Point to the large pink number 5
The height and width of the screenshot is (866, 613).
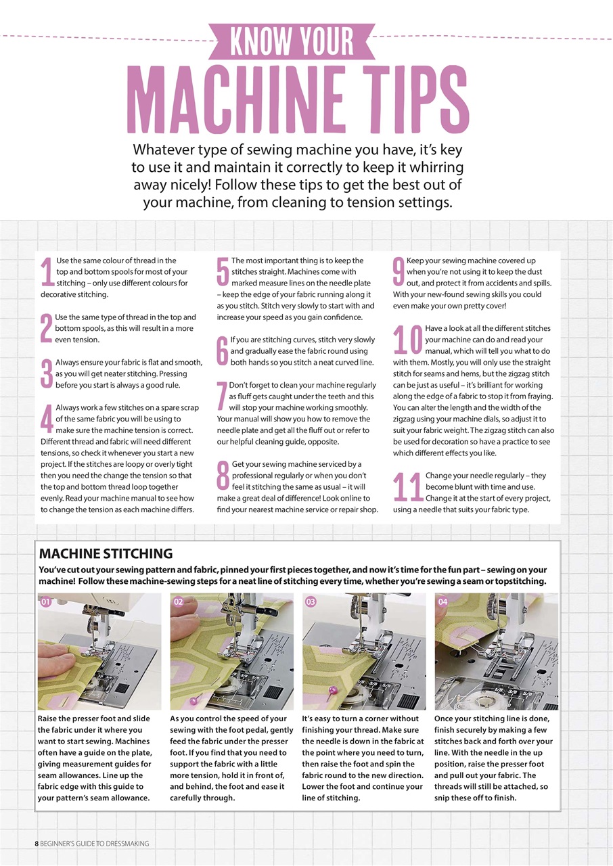tap(223, 272)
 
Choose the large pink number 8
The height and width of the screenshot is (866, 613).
tap(223, 476)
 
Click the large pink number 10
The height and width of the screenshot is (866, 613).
tap(408, 340)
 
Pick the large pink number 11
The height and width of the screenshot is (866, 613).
tap(408, 487)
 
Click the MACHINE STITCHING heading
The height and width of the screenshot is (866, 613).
tap(106, 553)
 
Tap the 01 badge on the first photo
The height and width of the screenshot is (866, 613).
tap(46, 601)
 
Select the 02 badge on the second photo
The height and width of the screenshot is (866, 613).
tap(179, 601)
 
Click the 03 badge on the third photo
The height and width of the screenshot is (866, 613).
tap(311, 601)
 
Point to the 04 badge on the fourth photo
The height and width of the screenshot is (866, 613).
tap(443, 601)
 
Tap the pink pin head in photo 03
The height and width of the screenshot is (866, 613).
tap(332, 690)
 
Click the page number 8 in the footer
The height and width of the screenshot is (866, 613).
tap(37, 843)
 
